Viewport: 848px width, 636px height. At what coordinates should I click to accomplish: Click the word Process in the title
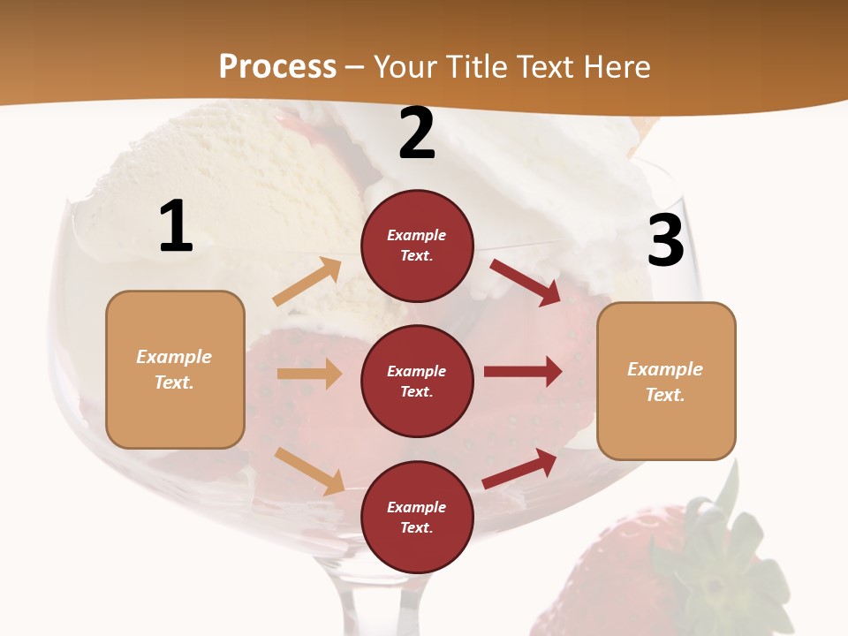[277, 66]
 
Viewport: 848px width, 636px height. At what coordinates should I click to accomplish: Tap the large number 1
[176, 227]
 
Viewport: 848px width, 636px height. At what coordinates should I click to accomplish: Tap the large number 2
[417, 134]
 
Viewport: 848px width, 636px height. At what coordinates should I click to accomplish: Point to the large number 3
[665, 241]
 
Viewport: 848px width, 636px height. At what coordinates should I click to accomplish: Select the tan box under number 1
[175, 369]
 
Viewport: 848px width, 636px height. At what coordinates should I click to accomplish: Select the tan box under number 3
[666, 381]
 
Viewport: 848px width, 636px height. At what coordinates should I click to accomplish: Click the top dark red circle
[417, 246]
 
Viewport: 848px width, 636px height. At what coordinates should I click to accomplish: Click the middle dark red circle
[417, 381]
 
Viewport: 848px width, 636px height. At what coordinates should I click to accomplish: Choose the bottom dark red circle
[417, 517]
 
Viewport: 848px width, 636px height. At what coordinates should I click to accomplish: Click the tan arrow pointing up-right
[307, 281]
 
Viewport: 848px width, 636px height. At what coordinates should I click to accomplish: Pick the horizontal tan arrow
[309, 374]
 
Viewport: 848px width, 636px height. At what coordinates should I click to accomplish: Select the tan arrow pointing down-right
[309, 470]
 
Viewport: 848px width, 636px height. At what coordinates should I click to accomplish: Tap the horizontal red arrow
[523, 372]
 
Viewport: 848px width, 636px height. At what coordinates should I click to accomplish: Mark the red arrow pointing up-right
[520, 468]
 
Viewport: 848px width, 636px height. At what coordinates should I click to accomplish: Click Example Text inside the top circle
[417, 246]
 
